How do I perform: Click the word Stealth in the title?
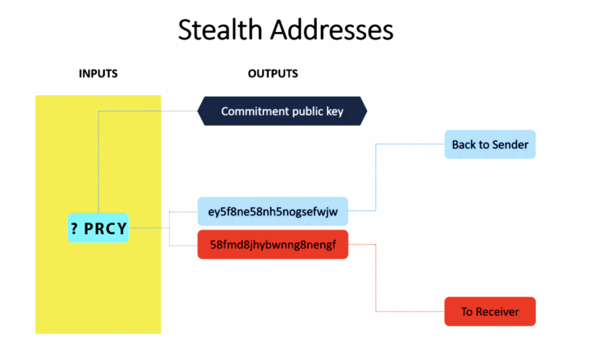coord(220,30)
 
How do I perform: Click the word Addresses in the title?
coord(332,30)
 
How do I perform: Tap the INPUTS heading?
coord(98,74)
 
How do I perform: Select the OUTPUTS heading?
coord(273,74)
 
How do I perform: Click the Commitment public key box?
coord(282,111)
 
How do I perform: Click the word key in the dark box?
coord(335,112)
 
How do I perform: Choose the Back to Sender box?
coord(490,144)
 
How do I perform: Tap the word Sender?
coord(509,145)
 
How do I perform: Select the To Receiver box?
coord(490,312)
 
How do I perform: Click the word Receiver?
coord(497,312)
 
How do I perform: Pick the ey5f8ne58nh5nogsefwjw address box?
coord(273,211)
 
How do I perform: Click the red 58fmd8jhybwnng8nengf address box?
coord(273,245)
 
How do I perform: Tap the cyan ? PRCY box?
coord(98,228)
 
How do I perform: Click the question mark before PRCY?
coord(75,229)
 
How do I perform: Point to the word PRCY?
coord(105,229)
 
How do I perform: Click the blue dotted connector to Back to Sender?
coord(376,177)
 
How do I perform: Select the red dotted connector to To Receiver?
coord(376,278)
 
